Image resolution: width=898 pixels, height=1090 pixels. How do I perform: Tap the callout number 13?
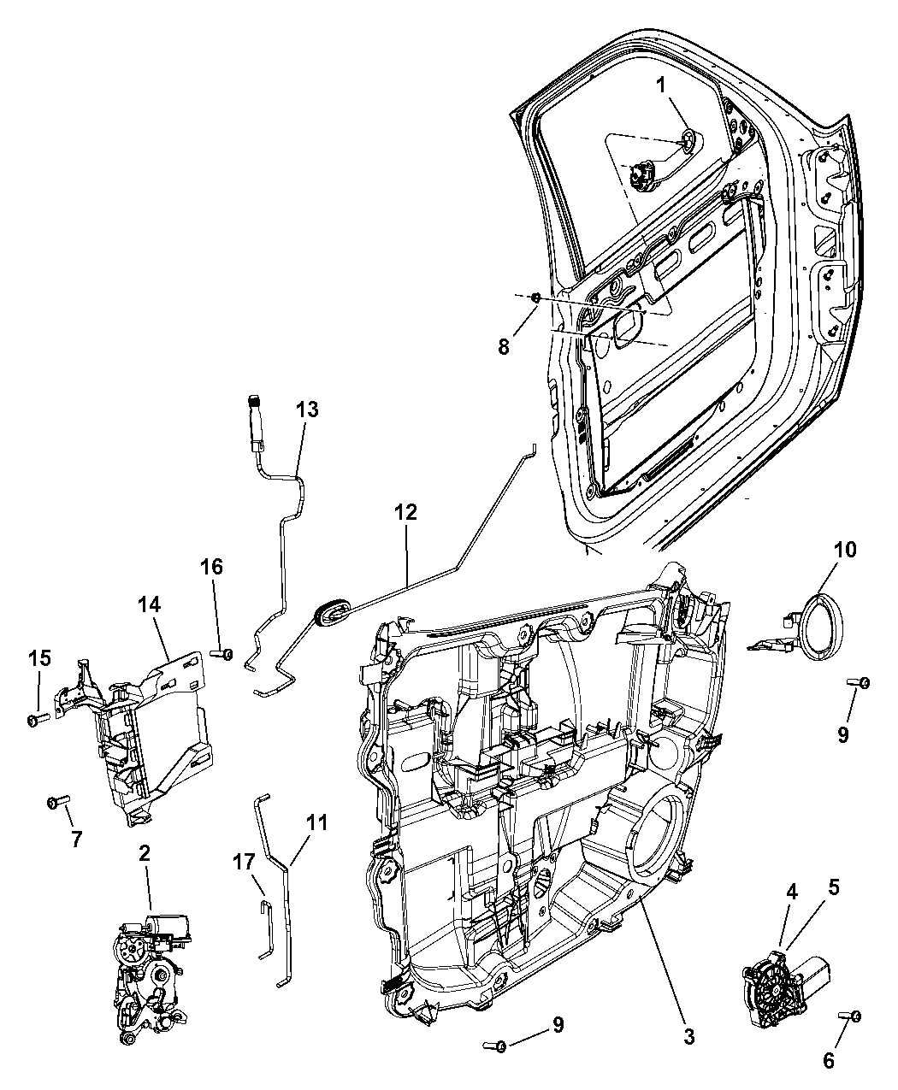click(x=307, y=409)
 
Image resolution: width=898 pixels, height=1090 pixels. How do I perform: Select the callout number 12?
click(x=405, y=512)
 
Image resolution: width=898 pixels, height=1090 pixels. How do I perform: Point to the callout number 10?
click(x=845, y=549)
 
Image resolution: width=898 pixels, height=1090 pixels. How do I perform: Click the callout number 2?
click(x=145, y=853)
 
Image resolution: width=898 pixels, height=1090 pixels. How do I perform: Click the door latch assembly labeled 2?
click(x=145, y=975)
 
